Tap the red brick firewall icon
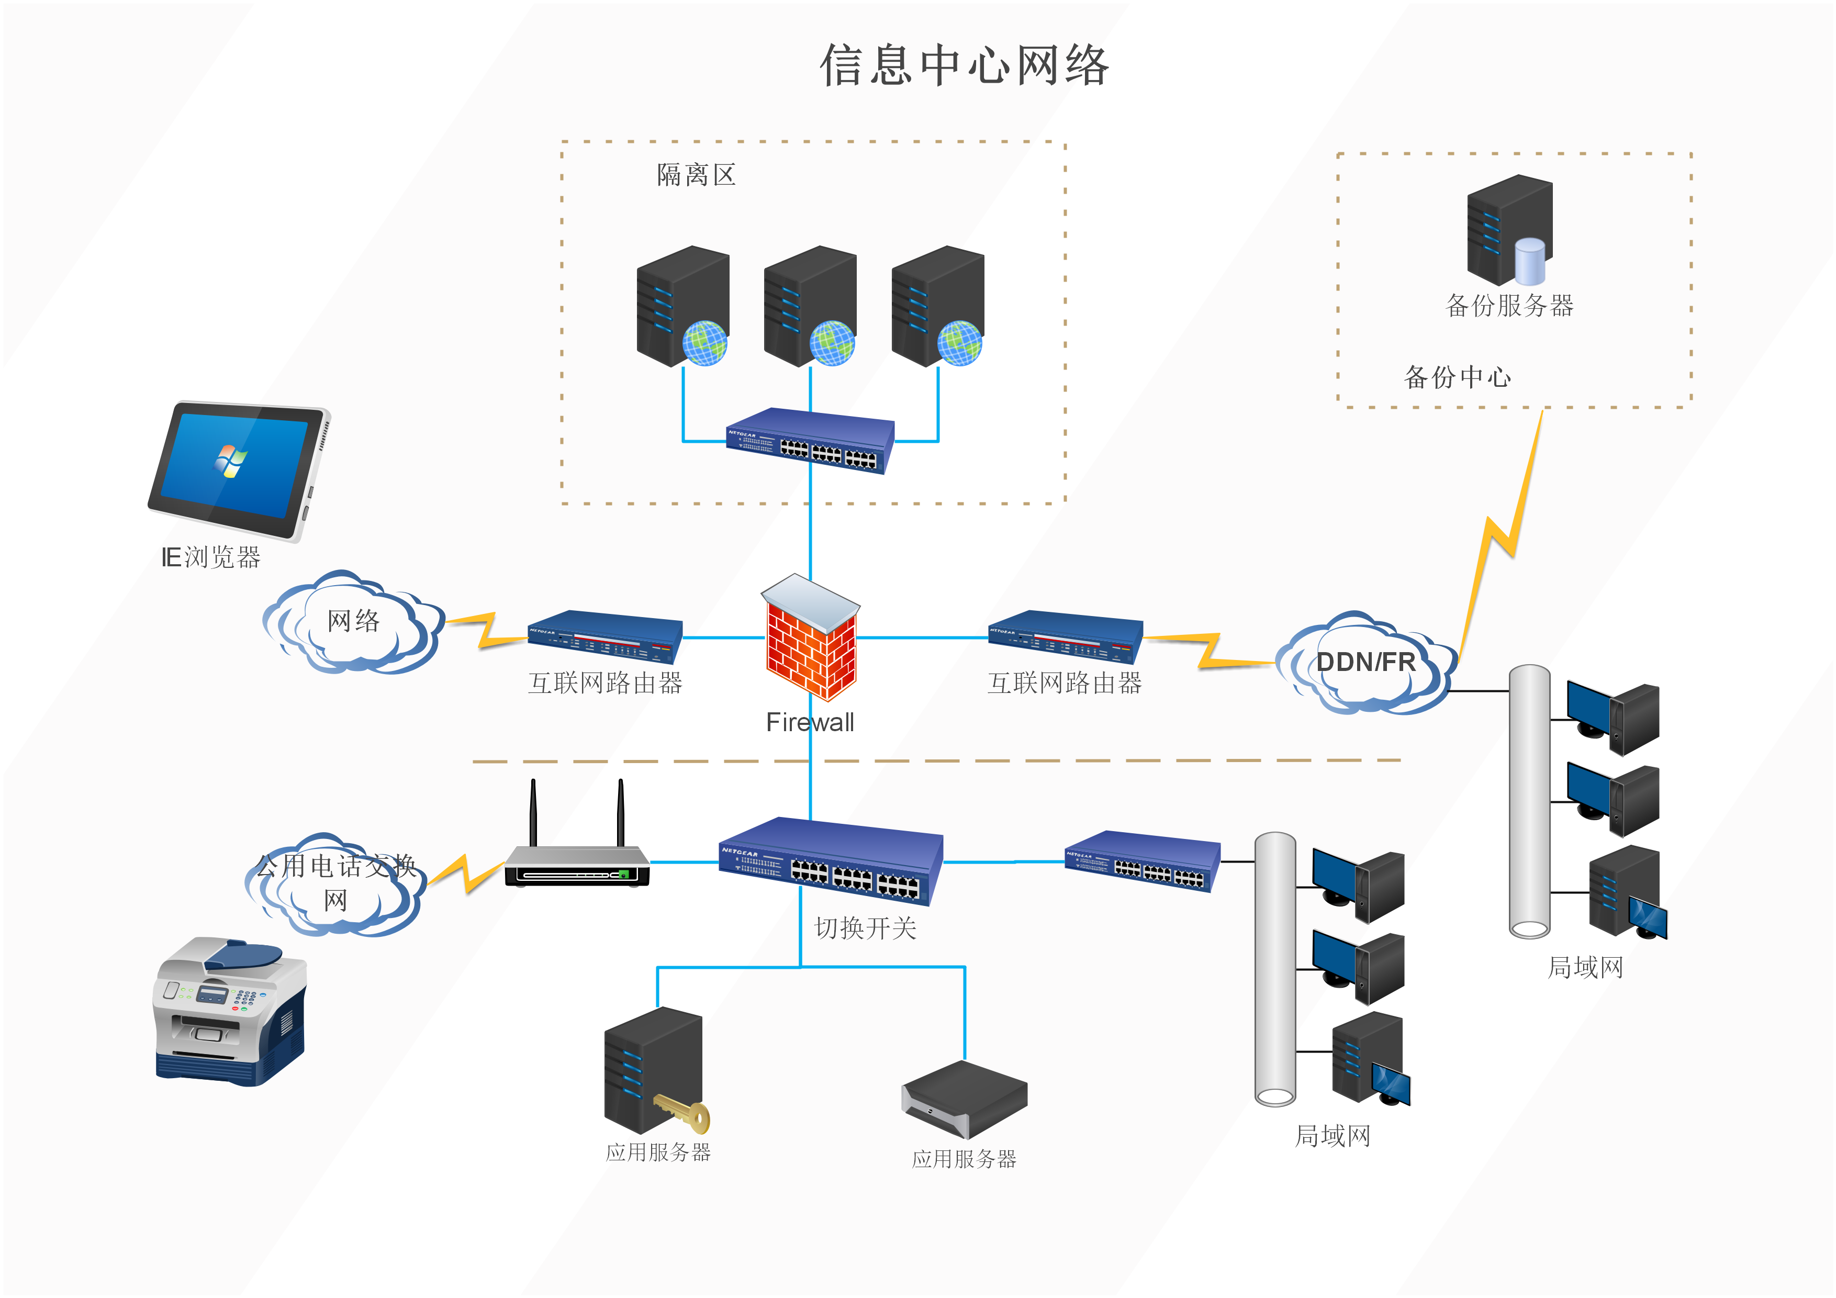[x=810, y=640]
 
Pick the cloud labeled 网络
[x=353, y=622]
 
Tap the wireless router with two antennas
[x=577, y=864]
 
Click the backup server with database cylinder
[x=1508, y=230]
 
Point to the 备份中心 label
[x=1457, y=377]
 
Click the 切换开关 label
[x=865, y=928]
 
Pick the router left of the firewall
[x=604, y=637]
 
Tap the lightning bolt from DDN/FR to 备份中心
[x=1499, y=536]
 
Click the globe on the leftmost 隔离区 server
[x=704, y=343]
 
